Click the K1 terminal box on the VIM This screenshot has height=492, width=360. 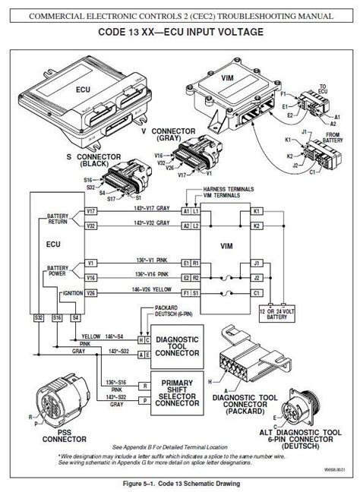click(x=257, y=210)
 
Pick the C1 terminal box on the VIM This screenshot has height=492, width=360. click(x=257, y=292)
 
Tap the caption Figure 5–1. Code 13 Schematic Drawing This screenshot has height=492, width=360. click(x=179, y=483)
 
